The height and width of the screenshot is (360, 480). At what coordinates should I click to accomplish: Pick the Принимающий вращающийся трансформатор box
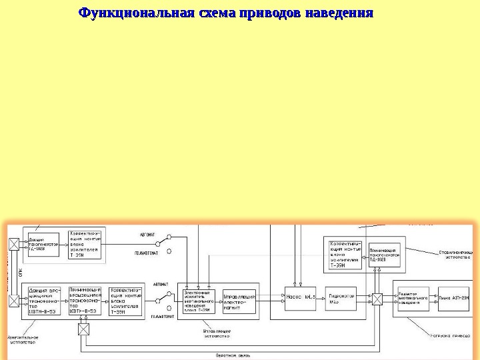click(85, 301)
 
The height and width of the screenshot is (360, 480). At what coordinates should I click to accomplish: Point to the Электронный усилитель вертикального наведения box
click(198, 301)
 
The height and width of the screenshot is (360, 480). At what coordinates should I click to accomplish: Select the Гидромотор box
click(341, 297)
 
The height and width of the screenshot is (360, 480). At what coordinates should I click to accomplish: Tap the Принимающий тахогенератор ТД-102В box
click(384, 255)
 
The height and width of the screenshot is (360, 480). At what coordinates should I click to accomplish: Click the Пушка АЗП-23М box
click(454, 297)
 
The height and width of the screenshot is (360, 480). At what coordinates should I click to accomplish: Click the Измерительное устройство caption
click(23, 339)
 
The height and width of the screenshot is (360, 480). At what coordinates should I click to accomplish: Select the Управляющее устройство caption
click(216, 333)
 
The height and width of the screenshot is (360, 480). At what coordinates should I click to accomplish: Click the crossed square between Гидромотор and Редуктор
click(377, 299)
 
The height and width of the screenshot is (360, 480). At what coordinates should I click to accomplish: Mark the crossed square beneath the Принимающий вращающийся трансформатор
click(83, 329)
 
